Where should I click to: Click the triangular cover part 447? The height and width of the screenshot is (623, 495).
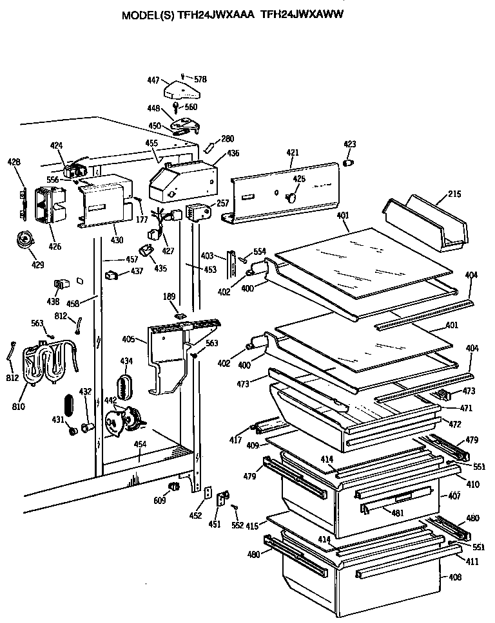point(184,89)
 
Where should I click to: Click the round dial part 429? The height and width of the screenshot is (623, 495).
point(25,240)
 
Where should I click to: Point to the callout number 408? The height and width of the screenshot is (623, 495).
point(455,577)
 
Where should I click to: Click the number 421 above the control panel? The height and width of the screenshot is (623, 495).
point(293,152)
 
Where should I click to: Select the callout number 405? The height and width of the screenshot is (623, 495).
point(128,338)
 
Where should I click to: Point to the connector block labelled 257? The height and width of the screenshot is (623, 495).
point(197,211)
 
